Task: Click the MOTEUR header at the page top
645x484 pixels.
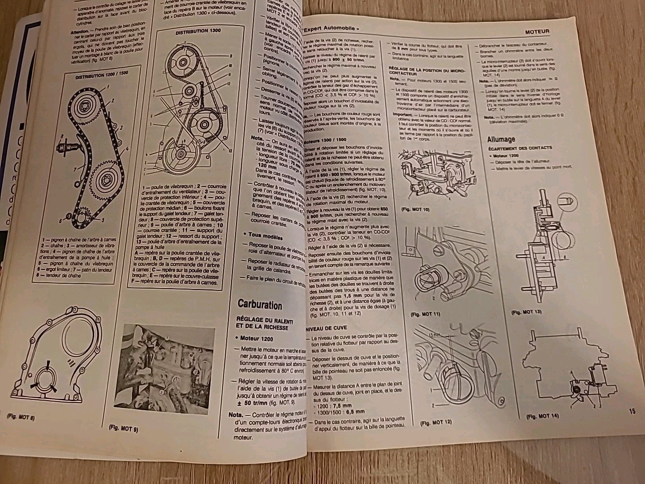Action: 537,31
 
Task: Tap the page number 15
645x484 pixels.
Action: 632,411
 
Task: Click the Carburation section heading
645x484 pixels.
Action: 260,305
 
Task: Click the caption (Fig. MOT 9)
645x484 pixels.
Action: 123,428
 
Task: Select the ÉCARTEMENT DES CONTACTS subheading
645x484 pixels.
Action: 520,147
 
